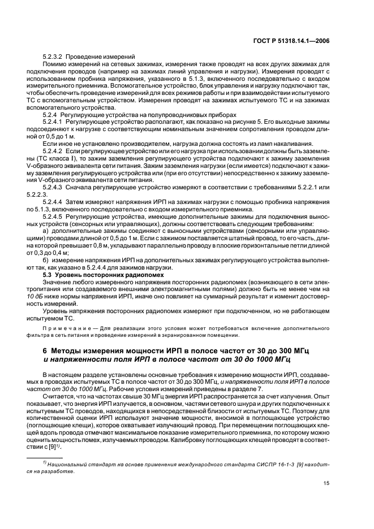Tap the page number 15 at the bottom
[327, 482]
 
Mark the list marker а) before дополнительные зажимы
[46, 231]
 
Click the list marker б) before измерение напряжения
[46, 260]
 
